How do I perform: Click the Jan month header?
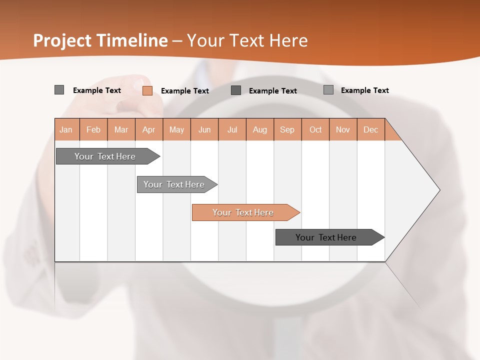click(x=66, y=129)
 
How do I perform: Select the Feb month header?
click(x=93, y=129)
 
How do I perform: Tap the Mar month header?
click(x=121, y=129)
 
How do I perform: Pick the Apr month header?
click(x=149, y=129)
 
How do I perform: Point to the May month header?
click(x=176, y=129)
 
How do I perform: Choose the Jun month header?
click(x=204, y=129)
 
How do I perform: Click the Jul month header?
click(x=232, y=129)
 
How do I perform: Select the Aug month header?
click(x=260, y=129)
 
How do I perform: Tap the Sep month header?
click(x=287, y=129)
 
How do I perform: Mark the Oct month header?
click(x=315, y=129)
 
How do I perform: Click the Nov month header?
click(x=343, y=129)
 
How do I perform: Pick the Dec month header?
click(x=371, y=129)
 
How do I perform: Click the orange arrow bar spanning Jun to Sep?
click(x=243, y=212)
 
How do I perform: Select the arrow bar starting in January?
click(x=105, y=156)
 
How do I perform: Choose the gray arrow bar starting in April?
click(x=174, y=184)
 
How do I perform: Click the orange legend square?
click(x=147, y=90)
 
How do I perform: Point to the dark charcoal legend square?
click(x=236, y=90)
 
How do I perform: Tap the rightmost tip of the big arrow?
click(x=439, y=189)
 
